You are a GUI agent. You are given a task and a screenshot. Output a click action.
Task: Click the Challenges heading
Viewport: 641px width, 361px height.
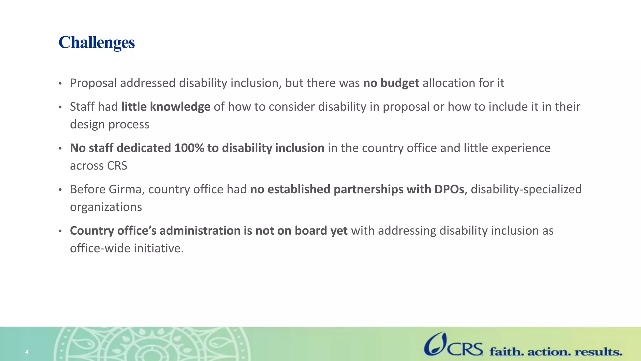coord(96,42)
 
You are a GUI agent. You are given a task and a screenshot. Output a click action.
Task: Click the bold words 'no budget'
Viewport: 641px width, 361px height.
coord(391,83)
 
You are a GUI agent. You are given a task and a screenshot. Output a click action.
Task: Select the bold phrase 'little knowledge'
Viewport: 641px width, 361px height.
coord(166,107)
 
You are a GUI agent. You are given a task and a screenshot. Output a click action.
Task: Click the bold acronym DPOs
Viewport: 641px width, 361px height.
coord(449,190)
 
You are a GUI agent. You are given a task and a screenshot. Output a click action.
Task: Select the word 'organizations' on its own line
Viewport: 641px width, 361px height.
coord(106,207)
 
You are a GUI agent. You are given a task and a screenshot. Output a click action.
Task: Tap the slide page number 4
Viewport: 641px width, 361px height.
coord(27,352)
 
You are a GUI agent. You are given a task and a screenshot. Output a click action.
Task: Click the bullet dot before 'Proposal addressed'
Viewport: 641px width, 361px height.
coord(60,84)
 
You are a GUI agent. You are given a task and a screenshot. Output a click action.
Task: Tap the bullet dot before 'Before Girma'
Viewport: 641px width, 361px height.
coord(60,190)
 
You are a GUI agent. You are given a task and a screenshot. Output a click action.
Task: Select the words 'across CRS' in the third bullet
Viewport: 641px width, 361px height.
coord(99,166)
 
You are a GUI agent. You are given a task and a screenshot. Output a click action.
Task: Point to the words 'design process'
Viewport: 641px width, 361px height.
coord(110,124)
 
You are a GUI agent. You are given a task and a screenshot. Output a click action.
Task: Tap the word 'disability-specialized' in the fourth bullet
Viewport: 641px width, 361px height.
coord(526,190)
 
